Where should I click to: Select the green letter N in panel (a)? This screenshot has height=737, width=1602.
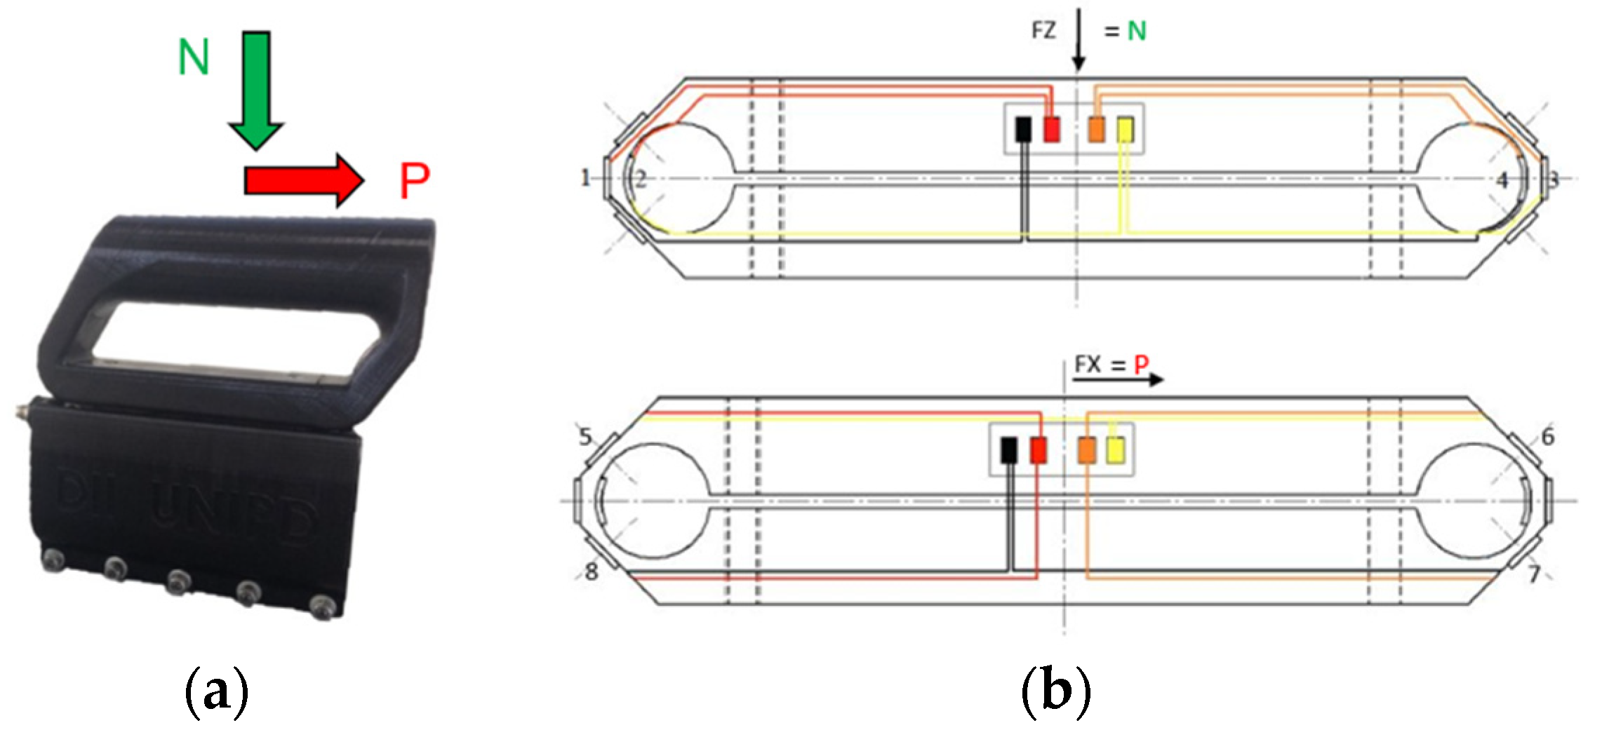pyautogui.click(x=194, y=57)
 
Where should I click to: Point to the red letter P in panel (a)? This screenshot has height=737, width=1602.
pyautogui.click(x=414, y=181)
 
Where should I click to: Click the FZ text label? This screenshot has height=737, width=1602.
pyautogui.click(x=1043, y=31)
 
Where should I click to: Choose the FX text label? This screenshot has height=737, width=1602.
pyautogui.click(x=1088, y=365)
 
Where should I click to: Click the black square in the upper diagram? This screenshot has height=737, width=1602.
pyautogui.click(x=1024, y=129)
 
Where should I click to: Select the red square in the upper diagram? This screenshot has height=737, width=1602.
pyautogui.click(x=1051, y=129)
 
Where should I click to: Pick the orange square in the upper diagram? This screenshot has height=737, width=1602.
pyautogui.click(x=1096, y=129)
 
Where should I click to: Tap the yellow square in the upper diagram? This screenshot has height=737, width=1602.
pyautogui.click(x=1125, y=130)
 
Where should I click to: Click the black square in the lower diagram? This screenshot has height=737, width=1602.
pyautogui.click(x=1009, y=449)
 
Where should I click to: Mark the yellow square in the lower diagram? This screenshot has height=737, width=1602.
pyautogui.click(x=1114, y=449)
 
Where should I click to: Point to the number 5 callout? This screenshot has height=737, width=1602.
pyautogui.click(x=585, y=438)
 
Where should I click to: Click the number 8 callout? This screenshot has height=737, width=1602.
pyautogui.click(x=592, y=572)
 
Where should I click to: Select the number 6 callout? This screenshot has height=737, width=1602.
pyautogui.click(x=1548, y=437)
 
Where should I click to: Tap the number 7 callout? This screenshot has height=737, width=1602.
pyautogui.click(x=1535, y=574)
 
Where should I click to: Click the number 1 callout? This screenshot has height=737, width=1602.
pyautogui.click(x=585, y=178)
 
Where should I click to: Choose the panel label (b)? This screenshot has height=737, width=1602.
pyautogui.click(x=1056, y=693)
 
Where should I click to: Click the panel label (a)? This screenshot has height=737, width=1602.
pyautogui.click(x=216, y=693)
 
